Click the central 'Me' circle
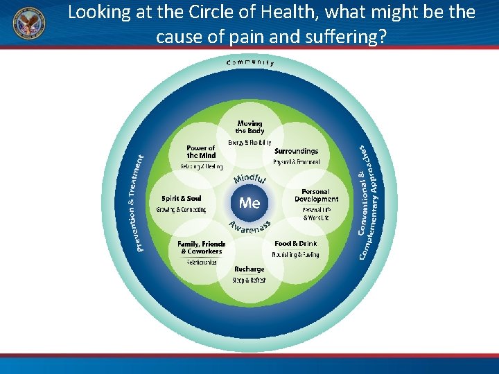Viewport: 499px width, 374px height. (x=249, y=202)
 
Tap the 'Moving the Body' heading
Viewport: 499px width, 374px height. (x=249, y=127)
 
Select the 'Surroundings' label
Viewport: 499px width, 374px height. (x=296, y=151)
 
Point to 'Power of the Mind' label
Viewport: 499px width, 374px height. (x=201, y=152)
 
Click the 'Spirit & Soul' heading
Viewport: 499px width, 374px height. (x=181, y=199)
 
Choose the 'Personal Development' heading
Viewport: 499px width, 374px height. (x=316, y=195)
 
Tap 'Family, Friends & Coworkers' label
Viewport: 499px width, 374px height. (x=202, y=247)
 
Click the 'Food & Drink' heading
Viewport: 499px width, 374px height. (x=295, y=244)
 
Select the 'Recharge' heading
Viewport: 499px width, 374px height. (x=249, y=269)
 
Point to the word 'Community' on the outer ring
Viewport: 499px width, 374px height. (x=250, y=62)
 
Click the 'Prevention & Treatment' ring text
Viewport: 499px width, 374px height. (x=140, y=203)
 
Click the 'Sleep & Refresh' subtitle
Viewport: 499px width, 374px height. (x=249, y=280)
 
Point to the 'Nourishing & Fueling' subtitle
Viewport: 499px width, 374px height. (x=296, y=255)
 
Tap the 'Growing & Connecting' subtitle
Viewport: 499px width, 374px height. (x=181, y=210)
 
